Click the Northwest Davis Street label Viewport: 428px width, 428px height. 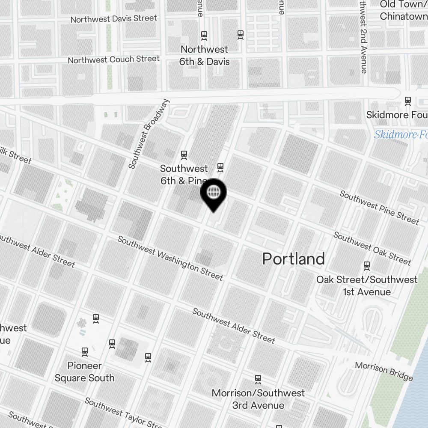(113, 19)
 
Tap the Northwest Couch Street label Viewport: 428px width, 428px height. (113, 59)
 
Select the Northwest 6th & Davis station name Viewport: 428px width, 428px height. (204, 56)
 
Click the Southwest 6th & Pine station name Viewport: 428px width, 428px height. (184, 175)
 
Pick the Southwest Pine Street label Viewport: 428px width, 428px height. (379, 207)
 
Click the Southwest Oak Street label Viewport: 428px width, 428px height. (372, 248)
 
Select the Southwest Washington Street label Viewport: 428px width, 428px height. (170, 259)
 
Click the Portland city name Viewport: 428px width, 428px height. (293, 259)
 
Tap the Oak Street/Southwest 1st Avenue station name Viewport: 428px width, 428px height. (367, 286)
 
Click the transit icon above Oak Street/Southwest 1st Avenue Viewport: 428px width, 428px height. (366, 266)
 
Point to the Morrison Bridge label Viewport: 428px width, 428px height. (384, 372)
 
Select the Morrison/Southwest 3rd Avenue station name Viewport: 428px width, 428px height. (258, 399)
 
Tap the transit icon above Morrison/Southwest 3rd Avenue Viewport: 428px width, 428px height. (258, 379)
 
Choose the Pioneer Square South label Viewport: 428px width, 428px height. (85, 372)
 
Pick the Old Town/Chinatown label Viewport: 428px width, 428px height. (403, 11)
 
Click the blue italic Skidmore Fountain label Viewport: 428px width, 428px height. (401, 135)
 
